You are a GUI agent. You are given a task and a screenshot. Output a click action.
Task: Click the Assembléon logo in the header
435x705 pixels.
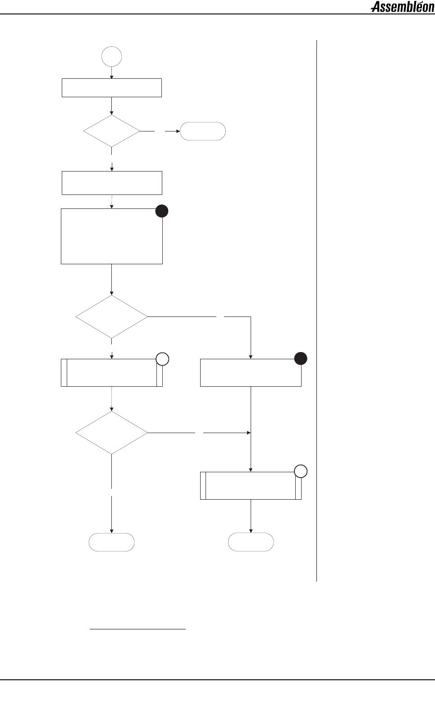point(402,7)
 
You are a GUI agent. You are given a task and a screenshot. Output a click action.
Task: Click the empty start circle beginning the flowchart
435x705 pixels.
point(111,57)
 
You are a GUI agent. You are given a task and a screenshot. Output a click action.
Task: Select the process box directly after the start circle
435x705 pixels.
point(111,88)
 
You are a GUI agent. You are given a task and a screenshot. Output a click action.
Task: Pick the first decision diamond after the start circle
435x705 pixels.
point(111,131)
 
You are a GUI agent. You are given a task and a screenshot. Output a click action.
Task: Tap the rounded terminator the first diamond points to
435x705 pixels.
point(202,131)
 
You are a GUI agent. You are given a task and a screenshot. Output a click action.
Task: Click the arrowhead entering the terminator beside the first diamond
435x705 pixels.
point(178,131)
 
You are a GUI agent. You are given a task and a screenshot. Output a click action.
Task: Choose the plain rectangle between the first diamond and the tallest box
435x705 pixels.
point(111,183)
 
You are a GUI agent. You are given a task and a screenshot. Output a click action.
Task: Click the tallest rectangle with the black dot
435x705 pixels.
point(111,236)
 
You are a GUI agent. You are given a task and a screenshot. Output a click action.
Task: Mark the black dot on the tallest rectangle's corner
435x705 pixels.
point(162,211)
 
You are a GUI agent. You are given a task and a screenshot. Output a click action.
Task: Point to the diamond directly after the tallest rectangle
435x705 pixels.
point(111,316)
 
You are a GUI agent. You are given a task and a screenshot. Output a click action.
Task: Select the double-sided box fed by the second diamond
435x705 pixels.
point(111,373)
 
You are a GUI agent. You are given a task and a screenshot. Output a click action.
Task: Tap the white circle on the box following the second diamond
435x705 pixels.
point(162,359)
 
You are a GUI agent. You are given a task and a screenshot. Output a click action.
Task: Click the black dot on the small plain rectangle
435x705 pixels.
point(301,359)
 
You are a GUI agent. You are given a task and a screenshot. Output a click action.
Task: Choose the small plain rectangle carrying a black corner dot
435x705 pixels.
point(251,373)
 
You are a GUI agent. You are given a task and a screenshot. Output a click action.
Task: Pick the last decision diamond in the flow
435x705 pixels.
point(111,433)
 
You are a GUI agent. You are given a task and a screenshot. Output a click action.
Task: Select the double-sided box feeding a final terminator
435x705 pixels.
point(251,485)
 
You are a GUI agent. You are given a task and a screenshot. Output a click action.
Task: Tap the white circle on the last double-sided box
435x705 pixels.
point(301,471)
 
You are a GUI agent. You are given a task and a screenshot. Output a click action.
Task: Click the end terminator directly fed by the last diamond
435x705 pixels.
point(111,542)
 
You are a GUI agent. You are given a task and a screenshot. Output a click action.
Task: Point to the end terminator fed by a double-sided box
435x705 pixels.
point(251,542)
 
